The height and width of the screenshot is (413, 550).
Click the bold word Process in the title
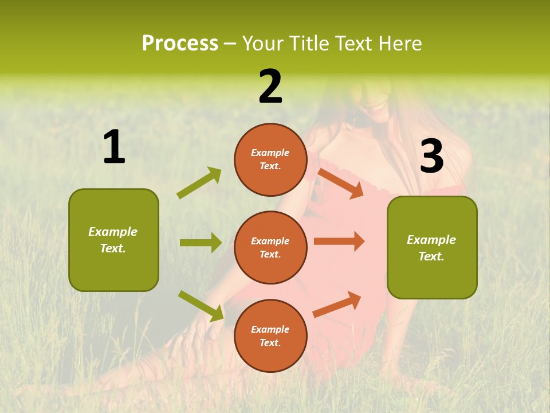pyautogui.click(x=180, y=44)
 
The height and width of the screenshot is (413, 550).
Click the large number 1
pyautogui.click(x=114, y=147)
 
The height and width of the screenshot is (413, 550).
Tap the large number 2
pyautogui.click(x=270, y=87)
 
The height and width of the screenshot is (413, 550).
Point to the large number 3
pyautogui.click(x=431, y=157)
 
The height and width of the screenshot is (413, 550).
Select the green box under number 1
pyautogui.click(x=113, y=240)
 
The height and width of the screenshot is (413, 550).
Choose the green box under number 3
pyautogui.click(x=432, y=248)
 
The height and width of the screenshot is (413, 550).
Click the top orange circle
pyautogui.click(x=270, y=159)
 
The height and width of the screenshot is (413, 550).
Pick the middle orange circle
pyautogui.click(x=270, y=248)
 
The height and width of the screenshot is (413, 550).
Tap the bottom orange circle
pyautogui.click(x=270, y=336)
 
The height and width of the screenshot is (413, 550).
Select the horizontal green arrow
pyautogui.click(x=201, y=243)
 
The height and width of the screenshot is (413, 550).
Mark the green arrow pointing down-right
pyautogui.click(x=201, y=306)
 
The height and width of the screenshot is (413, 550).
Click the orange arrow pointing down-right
pyautogui.click(x=340, y=183)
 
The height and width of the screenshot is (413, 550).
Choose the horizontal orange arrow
pyautogui.click(x=339, y=241)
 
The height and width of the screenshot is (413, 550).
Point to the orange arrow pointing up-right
pyautogui.click(x=337, y=305)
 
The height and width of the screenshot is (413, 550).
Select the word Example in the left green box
pyautogui.click(x=113, y=232)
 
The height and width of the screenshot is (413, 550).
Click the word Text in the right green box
pyautogui.click(x=431, y=256)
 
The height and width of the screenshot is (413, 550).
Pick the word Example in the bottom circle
pyautogui.click(x=270, y=329)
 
